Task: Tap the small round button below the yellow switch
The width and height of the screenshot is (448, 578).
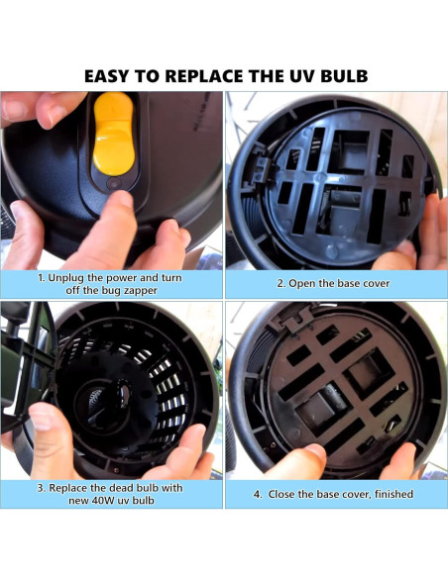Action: [113, 183]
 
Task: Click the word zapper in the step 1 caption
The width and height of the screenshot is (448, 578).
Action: [141, 291]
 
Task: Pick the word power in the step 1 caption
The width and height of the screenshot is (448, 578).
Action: [132, 277]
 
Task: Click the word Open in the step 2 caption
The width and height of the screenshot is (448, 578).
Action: [303, 284]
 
